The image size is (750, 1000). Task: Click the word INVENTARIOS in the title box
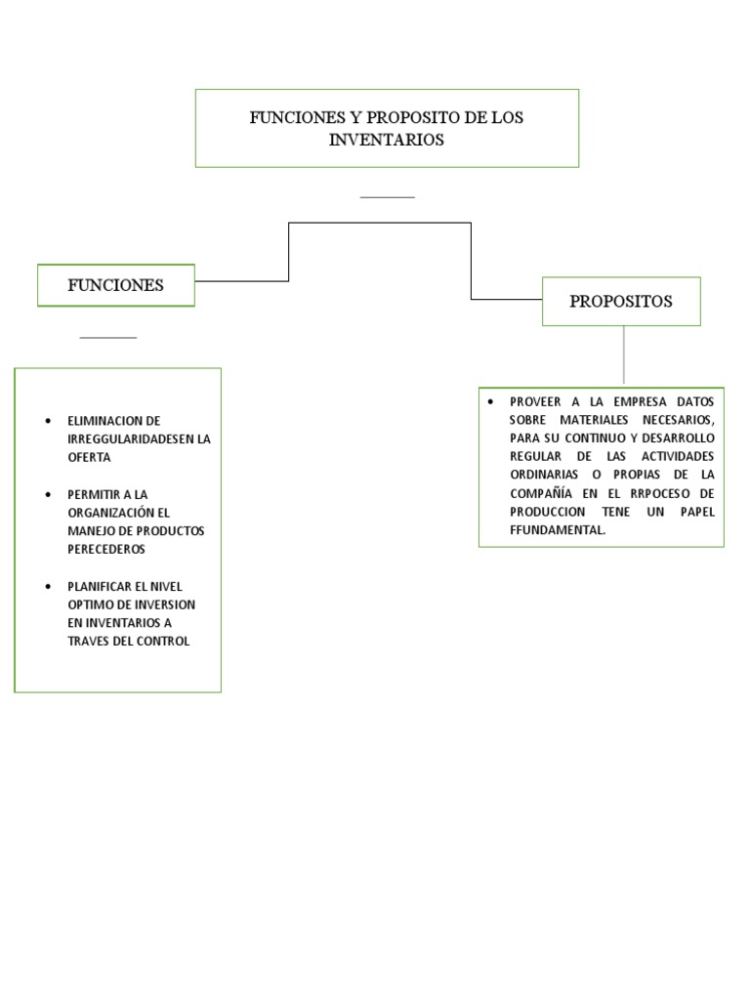(387, 140)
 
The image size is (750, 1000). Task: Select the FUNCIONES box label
(115, 285)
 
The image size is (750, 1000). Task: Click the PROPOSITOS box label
(621, 301)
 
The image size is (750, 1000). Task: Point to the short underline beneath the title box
(387, 197)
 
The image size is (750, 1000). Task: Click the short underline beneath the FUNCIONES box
(107, 338)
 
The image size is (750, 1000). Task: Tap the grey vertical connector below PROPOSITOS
(623, 354)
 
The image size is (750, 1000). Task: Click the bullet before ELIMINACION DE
(48, 421)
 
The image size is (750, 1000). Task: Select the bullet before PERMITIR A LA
(48, 495)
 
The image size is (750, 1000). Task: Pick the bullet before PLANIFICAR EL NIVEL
(48, 587)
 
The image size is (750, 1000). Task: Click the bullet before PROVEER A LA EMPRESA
(490, 401)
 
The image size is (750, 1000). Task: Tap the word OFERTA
(90, 457)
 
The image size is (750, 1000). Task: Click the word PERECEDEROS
(105, 549)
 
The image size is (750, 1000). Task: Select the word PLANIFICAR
(101, 587)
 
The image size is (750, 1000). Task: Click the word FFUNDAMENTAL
(558, 529)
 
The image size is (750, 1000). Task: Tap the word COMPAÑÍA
(541, 493)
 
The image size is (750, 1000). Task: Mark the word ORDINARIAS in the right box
(543, 475)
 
